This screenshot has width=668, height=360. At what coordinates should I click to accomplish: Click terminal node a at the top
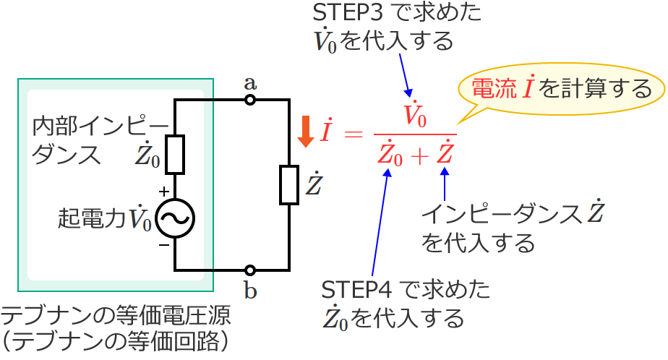[250, 100]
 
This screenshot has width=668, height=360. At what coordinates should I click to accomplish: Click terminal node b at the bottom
[250, 270]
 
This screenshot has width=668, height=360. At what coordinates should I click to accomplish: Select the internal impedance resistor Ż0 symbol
[175, 154]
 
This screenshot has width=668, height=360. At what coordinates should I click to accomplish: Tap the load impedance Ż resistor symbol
[289, 184]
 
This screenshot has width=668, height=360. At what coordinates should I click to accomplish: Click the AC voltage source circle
[175, 218]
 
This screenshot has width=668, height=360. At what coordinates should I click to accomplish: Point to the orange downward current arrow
[306, 132]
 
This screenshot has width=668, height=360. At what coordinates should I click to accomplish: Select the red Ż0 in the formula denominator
[390, 154]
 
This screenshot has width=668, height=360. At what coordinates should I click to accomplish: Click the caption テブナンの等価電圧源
[116, 316]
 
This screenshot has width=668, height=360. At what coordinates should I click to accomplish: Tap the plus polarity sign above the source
[163, 192]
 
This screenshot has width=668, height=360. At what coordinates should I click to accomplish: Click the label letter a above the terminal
[250, 82]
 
